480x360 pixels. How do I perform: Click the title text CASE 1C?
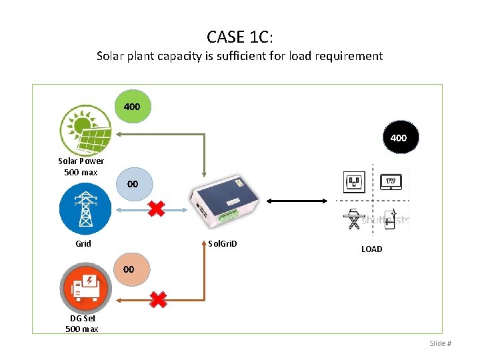pos(239,36)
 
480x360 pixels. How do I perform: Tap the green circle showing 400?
pos(132,107)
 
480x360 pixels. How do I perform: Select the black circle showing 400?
pos(398,138)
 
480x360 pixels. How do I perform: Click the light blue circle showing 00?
pos(132,183)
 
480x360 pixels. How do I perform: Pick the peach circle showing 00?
pos(129,269)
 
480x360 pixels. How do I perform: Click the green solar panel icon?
pos(85,129)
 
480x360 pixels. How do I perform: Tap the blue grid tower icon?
pos(85,207)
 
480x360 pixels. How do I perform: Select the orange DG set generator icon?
pos(85,289)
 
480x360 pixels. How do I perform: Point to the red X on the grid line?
pos(156,209)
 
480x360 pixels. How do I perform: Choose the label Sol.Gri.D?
pos(221,243)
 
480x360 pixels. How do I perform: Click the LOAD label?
pos(371,249)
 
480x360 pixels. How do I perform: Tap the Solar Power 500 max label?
pos(81,167)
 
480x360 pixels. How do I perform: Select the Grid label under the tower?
pos(83,243)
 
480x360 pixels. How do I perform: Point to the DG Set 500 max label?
pos(82,323)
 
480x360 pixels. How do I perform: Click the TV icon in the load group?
pos(390,181)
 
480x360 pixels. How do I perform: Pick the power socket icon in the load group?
pos(353,181)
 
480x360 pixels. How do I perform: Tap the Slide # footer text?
pos(440,343)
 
